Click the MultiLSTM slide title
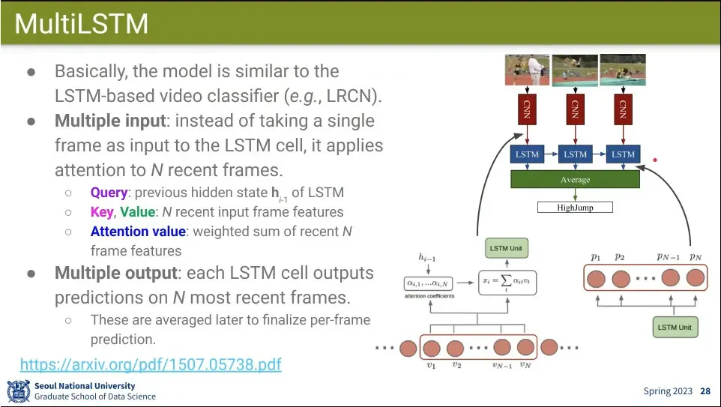click(81, 25)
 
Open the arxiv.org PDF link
click(151, 365)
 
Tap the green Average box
click(575, 180)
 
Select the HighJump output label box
click(575, 207)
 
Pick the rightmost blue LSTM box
click(623, 154)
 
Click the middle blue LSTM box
click(575, 154)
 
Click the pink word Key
click(102, 212)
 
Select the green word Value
click(137, 212)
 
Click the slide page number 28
click(705, 391)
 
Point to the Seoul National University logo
click(19, 391)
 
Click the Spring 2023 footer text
click(668, 391)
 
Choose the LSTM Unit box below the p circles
click(675, 328)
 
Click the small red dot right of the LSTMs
click(655, 160)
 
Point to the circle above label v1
click(432, 347)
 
